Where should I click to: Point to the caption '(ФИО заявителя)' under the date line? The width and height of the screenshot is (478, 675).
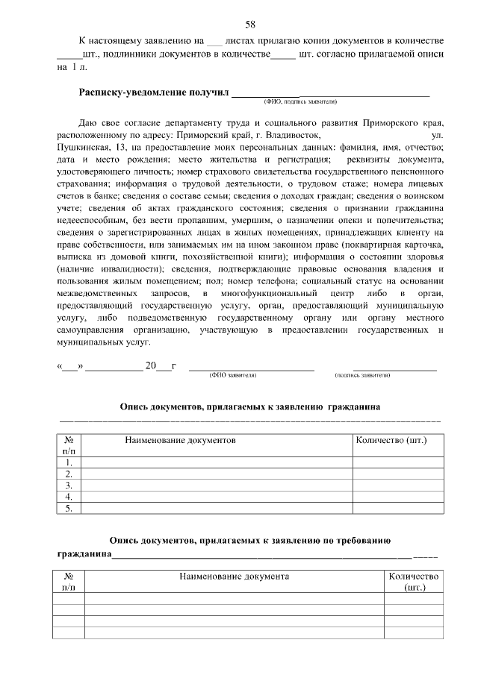coord(233,375)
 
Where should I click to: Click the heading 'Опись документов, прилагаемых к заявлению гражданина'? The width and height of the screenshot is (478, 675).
coord(250,407)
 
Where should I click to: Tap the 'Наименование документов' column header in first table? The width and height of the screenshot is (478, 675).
coord(180,442)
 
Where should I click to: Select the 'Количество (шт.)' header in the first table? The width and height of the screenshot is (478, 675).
coord(392,440)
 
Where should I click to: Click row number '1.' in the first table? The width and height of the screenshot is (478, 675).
coord(69,462)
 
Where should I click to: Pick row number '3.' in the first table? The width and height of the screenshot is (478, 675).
coord(69,485)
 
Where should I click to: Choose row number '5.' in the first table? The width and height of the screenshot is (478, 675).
coord(69,508)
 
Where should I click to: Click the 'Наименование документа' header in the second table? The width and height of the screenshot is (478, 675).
coord(234,577)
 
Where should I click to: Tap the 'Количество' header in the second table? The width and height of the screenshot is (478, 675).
coord(413,577)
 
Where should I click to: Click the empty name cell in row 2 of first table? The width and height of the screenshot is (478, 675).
coord(217,474)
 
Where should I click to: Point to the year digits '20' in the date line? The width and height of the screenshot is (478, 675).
coord(151,366)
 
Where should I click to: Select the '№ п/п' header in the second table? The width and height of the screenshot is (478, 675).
coord(69,582)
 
